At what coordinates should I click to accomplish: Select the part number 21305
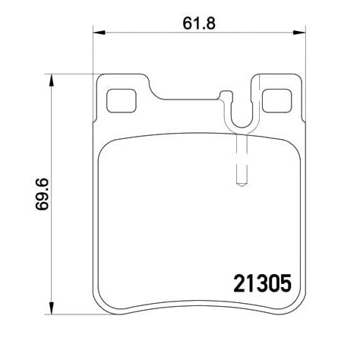(x=260, y=283)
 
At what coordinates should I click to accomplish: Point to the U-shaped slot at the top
(x=241, y=114)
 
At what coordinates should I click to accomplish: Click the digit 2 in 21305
(x=235, y=283)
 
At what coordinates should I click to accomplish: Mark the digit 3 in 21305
(x=260, y=283)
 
